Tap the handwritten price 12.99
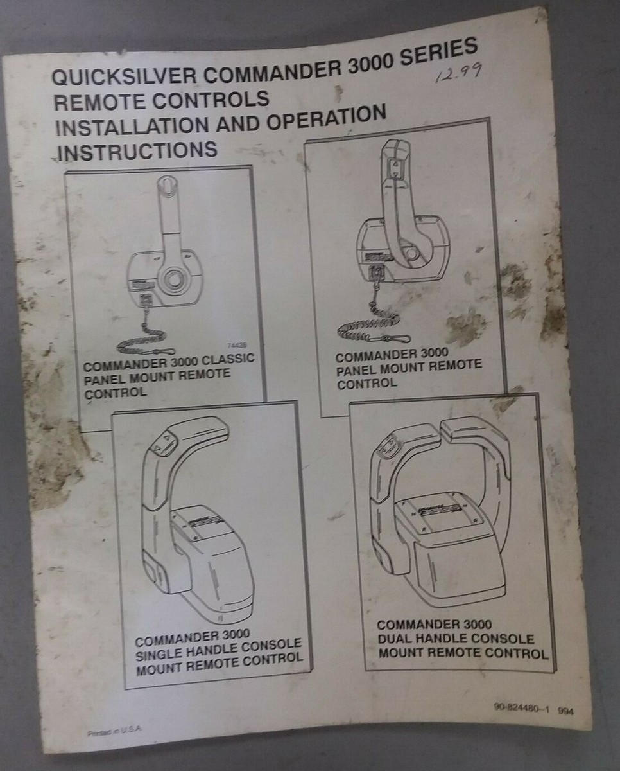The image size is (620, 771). click(x=457, y=73)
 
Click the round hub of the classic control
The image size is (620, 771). click(x=173, y=280)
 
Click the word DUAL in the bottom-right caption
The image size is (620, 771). click(x=393, y=640)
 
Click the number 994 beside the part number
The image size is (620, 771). click(x=567, y=711)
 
